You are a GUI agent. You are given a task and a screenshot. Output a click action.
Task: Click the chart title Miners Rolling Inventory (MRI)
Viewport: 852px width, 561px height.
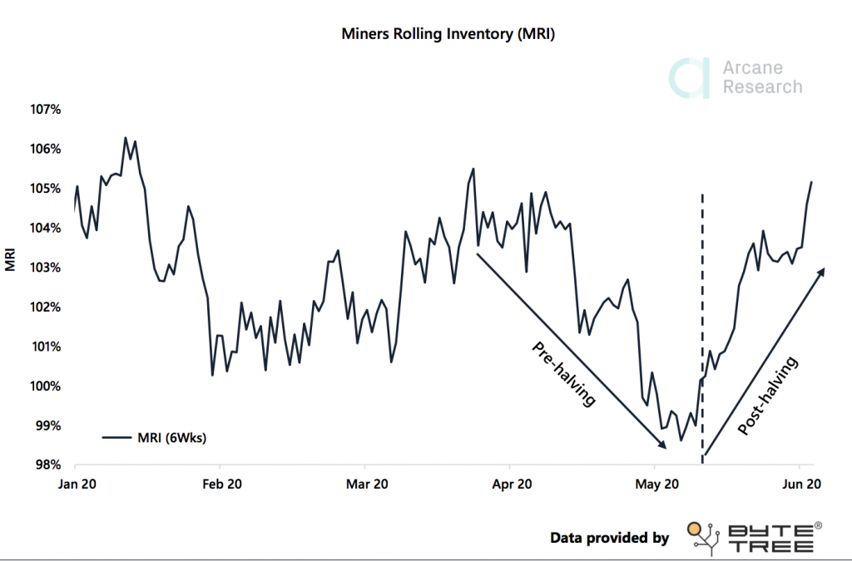click(x=448, y=35)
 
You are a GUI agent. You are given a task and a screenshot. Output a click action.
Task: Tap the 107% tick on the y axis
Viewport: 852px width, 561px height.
click(x=47, y=110)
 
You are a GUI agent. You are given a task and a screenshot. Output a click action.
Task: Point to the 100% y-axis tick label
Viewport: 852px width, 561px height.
click(x=47, y=386)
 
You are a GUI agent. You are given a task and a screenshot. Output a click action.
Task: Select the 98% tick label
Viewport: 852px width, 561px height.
click(x=48, y=465)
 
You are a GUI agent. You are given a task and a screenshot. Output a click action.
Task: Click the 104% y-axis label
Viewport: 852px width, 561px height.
click(x=47, y=229)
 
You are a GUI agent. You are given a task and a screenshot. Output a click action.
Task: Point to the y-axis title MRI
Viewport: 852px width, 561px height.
click(x=11, y=259)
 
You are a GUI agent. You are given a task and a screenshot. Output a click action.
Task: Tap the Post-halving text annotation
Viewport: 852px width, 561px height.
click(x=768, y=397)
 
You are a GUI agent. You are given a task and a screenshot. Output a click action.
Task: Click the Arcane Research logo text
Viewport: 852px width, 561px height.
click(x=761, y=78)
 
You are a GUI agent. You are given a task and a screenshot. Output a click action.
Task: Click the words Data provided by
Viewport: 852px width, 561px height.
click(x=609, y=538)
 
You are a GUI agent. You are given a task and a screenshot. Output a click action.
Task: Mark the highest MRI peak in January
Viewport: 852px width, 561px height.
click(x=125, y=138)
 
